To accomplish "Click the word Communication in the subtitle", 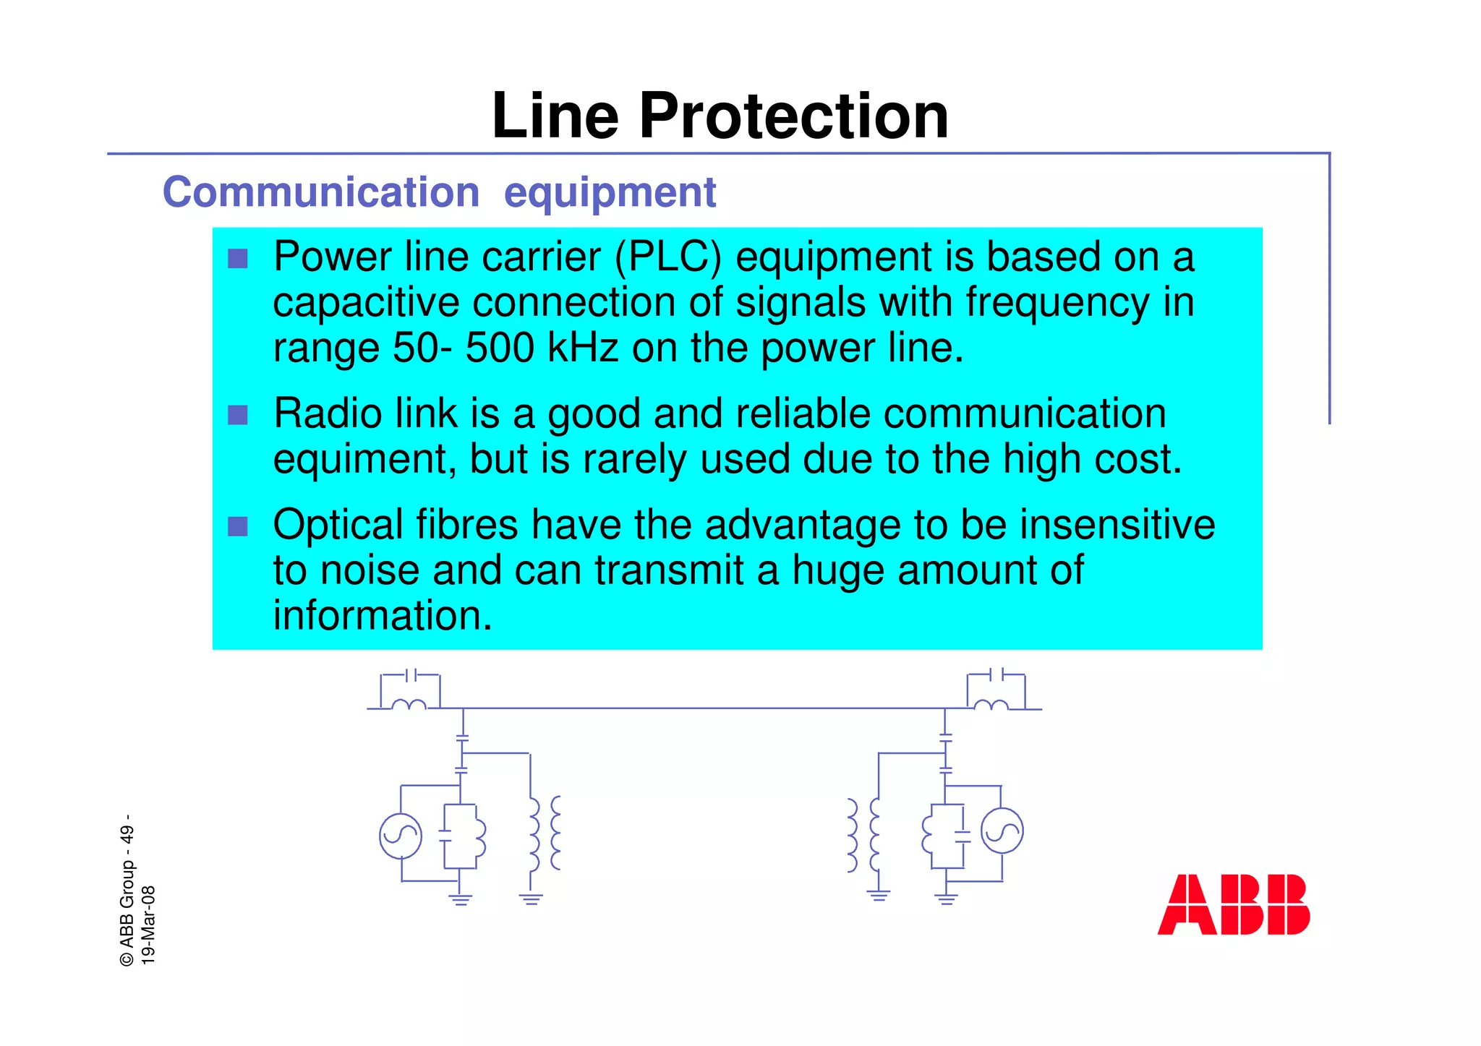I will pyautogui.click(x=321, y=192).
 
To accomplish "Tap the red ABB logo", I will pyautogui.click(x=1233, y=904).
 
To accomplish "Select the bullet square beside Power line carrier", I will pyautogui.click(x=238, y=259).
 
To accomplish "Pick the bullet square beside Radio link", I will pyautogui.click(x=238, y=415).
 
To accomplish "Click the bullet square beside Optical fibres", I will pyautogui.click(x=238, y=526).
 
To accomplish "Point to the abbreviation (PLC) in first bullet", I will pyautogui.click(x=667, y=257).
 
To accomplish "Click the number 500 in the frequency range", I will pyautogui.click(x=500, y=348).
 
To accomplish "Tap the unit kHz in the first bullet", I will pyautogui.click(x=583, y=348).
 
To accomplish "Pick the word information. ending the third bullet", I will pyautogui.click(x=383, y=616).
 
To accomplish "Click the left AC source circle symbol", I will pyautogui.click(x=401, y=836).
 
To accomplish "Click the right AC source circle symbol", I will pyautogui.click(x=1002, y=831).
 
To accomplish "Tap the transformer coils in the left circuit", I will pyautogui.click(x=544, y=833).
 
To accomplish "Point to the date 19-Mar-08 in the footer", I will pyautogui.click(x=148, y=925).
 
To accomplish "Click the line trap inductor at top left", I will pyautogui.click(x=409, y=705).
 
